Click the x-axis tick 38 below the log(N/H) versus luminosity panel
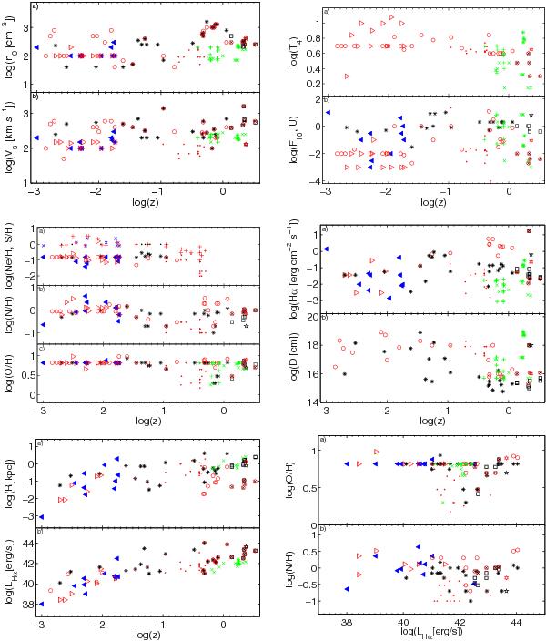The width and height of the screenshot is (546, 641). click(x=347, y=621)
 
